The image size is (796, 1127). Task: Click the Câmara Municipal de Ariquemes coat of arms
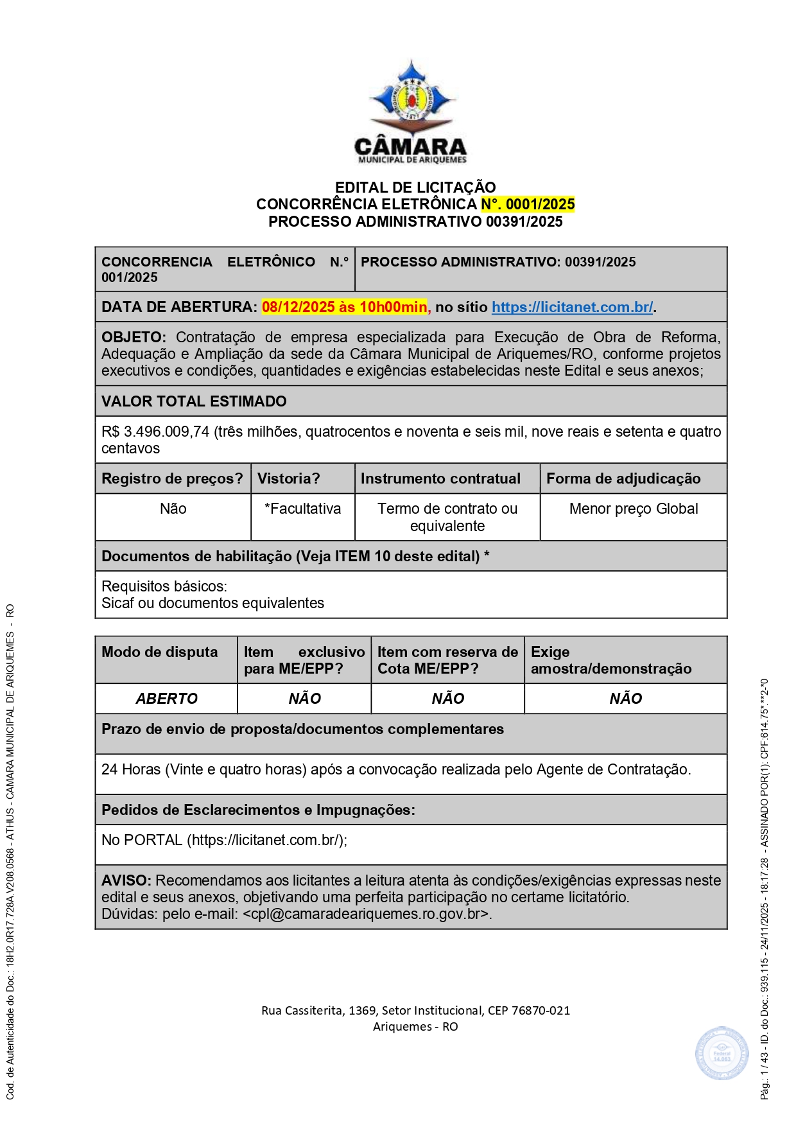click(411, 96)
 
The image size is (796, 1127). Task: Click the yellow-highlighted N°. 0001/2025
click(528, 204)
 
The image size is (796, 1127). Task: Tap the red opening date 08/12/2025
click(298, 307)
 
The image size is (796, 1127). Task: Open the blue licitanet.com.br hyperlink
click(572, 307)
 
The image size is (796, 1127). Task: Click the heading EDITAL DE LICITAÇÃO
click(415, 188)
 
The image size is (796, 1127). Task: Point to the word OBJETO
click(133, 337)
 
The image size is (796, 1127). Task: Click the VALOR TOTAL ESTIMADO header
click(194, 401)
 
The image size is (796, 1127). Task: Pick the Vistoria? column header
click(288, 478)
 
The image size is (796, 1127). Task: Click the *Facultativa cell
click(302, 509)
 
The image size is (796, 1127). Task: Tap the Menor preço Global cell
click(633, 509)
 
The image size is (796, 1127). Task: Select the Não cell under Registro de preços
click(173, 509)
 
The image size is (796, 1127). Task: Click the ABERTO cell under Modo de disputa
click(166, 699)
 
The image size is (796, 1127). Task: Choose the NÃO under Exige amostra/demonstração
click(625, 699)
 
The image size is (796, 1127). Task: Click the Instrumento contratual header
click(440, 478)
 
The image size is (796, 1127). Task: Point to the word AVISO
click(126, 880)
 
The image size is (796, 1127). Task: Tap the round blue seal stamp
click(722, 1053)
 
